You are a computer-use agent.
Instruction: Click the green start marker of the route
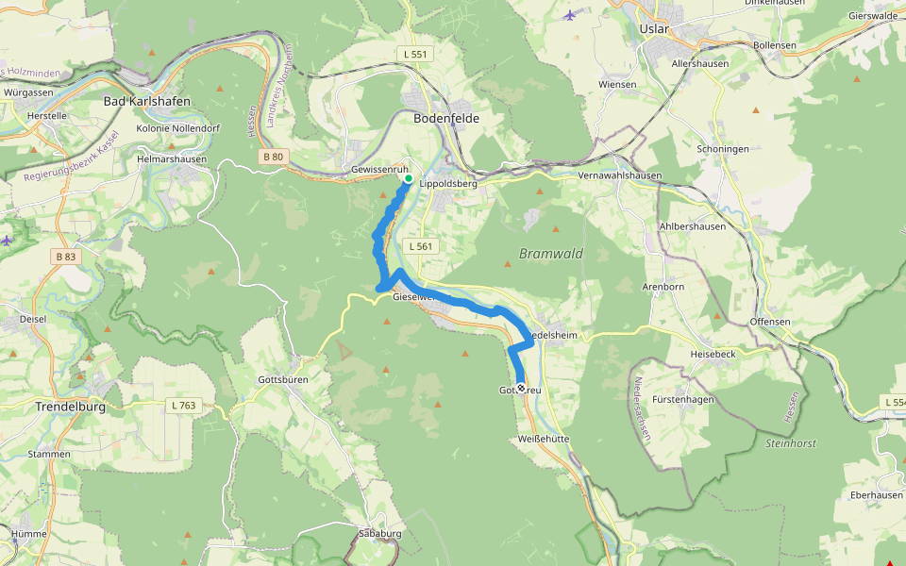[x=409, y=178]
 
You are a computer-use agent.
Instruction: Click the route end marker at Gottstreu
[x=520, y=388]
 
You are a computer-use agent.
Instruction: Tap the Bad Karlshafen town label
[x=146, y=101]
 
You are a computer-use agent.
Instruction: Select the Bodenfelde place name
[x=446, y=119]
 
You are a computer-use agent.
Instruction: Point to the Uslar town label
[x=653, y=29]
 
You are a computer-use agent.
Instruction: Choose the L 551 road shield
[x=413, y=54]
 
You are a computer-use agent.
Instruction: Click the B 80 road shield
[x=272, y=157]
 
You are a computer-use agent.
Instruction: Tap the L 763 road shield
[x=184, y=405]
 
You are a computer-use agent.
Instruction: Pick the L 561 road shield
[x=421, y=246]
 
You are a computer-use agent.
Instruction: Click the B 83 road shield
[x=65, y=257]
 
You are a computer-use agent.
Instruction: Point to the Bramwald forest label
[x=551, y=254]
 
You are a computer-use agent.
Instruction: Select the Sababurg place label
[x=380, y=533]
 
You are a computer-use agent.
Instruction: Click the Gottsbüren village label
[x=283, y=379]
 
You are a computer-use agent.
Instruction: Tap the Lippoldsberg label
[x=448, y=184]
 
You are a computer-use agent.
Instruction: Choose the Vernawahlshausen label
[x=619, y=175]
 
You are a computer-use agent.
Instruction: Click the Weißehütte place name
[x=544, y=440]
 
